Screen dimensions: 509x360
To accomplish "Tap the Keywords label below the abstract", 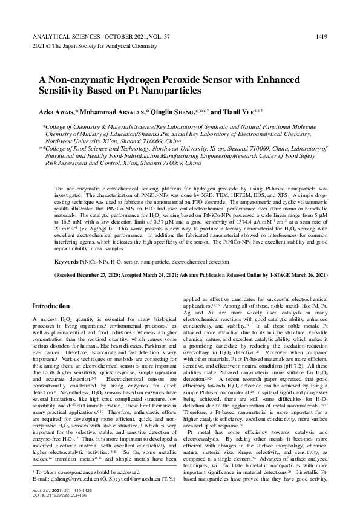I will [67, 262].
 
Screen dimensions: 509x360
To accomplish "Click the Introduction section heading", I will [54, 306].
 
